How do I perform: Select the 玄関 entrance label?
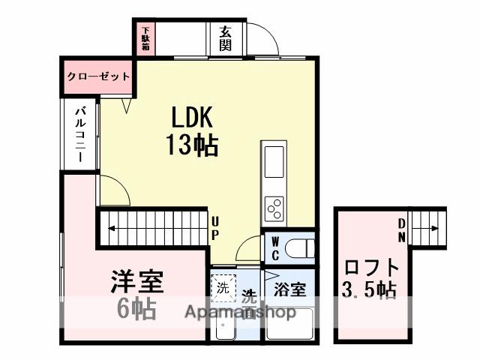tap(225, 38)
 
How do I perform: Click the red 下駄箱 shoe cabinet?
tap(145, 39)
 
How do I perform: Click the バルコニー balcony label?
tap(79, 136)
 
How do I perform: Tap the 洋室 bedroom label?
tap(137, 283)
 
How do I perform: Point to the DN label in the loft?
tap(402, 229)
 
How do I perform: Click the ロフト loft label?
tap(373, 267)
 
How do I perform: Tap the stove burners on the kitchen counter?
tap(273, 205)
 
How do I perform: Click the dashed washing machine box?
tap(223, 286)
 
